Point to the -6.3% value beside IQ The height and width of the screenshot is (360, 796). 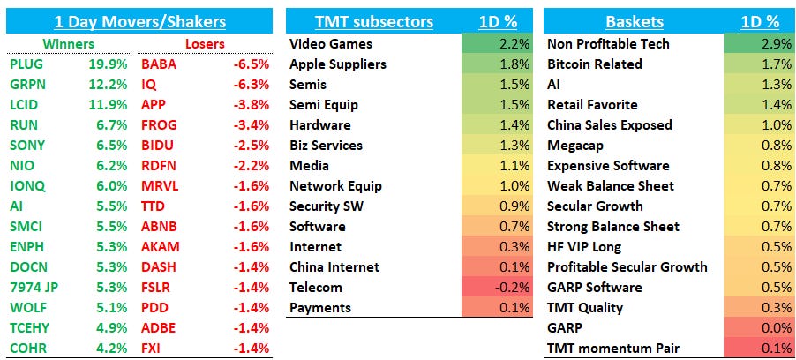pyautogui.click(x=252, y=84)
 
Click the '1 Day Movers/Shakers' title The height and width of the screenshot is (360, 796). pyautogui.click(x=140, y=22)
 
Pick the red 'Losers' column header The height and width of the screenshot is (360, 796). pyautogui.click(x=205, y=43)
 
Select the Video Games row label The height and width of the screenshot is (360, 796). pyautogui.click(x=331, y=44)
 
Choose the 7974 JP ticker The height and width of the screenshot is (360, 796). pyautogui.click(x=34, y=287)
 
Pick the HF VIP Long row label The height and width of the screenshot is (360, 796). pyautogui.click(x=584, y=247)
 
